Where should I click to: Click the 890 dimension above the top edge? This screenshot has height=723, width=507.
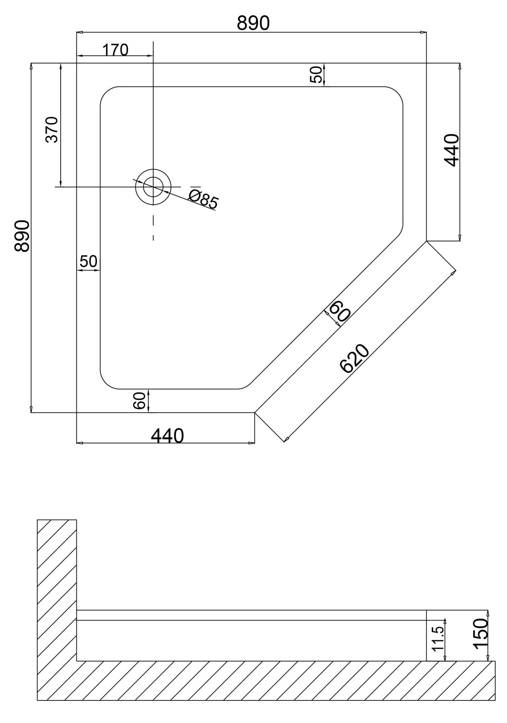pyautogui.click(x=253, y=23)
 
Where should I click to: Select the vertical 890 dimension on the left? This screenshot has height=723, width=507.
pyautogui.click(x=22, y=236)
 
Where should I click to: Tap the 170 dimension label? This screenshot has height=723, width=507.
pyautogui.click(x=115, y=50)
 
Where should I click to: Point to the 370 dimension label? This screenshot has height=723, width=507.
pyautogui.click(x=52, y=130)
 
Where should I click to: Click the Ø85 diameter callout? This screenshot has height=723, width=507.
pyautogui.click(x=203, y=199)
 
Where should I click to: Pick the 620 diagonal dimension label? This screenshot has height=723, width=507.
pyautogui.click(x=354, y=359)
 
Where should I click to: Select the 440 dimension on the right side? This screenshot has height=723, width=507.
pyautogui.click(x=452, y=150)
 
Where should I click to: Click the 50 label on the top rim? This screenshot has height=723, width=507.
pyautogui.click(x=317, y=75)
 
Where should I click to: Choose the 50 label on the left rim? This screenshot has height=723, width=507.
pyautogui.click(x=88, y=261)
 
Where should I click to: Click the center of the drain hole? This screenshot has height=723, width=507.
pyautogui.click(x=153, y=187)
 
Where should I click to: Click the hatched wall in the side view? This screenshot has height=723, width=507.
pyautogui.click(x=57, y=590)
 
